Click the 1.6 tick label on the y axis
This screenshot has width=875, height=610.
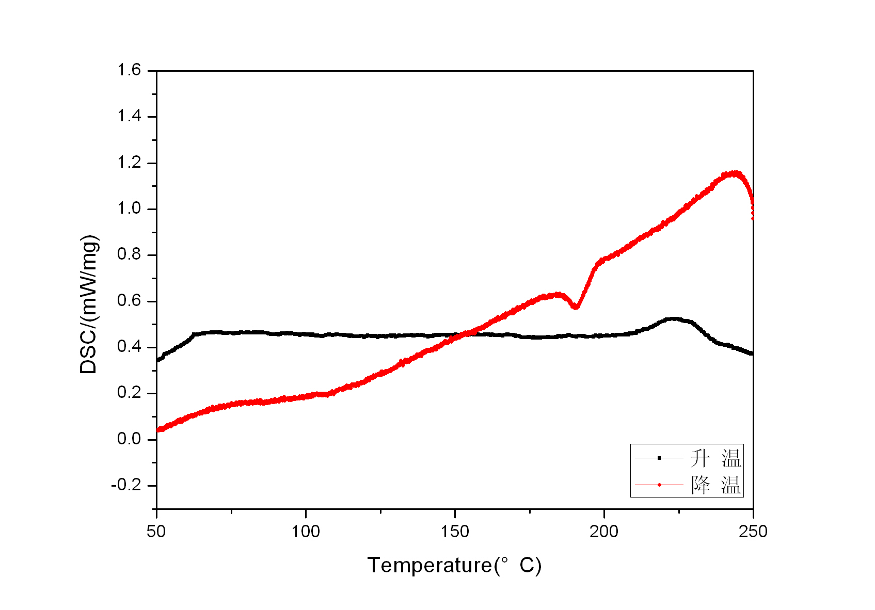click(129, 70)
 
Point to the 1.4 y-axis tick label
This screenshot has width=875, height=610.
click(129, 117)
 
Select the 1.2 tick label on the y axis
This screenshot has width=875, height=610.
click(129, 163)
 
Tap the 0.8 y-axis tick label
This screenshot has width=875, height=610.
click(129, 255)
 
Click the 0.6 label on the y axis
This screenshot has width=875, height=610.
click(129, 301)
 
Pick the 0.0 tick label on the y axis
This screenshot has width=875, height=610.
click(129, 439)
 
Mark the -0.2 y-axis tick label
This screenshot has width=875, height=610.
click(126, 485)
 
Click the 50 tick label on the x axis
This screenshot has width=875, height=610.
click(156, 531)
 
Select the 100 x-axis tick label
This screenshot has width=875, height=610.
click(306, 531)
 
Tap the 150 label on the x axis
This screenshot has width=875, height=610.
click(455, 531)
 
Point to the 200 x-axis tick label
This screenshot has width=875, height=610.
click(604, 531)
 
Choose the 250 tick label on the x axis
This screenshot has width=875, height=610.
click(753, 531)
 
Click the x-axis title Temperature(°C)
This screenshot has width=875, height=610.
click(454, 566)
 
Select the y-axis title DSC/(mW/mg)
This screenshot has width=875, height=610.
click(89, 304)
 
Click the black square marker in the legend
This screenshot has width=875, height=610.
click(659, 458)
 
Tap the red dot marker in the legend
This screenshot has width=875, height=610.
click(659, 485)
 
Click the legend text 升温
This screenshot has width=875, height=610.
click(715, 458)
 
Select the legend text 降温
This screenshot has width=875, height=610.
click(715, 485)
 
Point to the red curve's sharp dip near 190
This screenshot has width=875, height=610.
click(576, 307)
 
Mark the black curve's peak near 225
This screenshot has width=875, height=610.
click(673, 319)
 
